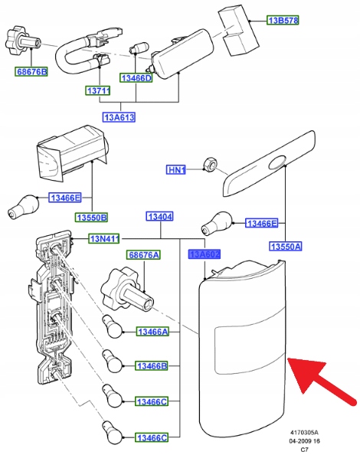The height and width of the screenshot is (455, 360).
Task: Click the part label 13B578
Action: [283, 21]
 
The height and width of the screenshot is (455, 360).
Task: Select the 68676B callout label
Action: [31, 72]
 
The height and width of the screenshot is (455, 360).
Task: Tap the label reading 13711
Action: [98, 91]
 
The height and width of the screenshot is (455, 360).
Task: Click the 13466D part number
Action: [136, 78]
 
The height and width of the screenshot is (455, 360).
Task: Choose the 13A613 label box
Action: [119, 117]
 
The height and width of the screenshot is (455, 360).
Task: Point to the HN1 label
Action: [176, 170]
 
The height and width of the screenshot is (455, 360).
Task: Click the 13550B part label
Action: [91, 218]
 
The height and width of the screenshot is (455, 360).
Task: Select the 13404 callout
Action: [159, 217]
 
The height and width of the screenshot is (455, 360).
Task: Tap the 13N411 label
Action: [104, 238]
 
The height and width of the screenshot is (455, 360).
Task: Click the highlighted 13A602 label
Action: [205, 254]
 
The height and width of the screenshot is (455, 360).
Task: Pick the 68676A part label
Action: [143, 255]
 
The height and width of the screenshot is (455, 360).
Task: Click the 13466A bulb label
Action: [152, 332]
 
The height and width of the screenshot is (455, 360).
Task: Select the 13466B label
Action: [152, 366]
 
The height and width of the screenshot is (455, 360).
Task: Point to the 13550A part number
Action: [286, 247]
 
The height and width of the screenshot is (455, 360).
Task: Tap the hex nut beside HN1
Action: [211, 164]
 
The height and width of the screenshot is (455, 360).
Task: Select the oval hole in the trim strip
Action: [277, 163]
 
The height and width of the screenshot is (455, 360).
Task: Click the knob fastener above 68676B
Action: [22, 41]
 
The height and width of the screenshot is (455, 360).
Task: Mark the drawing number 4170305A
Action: [304, 433]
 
